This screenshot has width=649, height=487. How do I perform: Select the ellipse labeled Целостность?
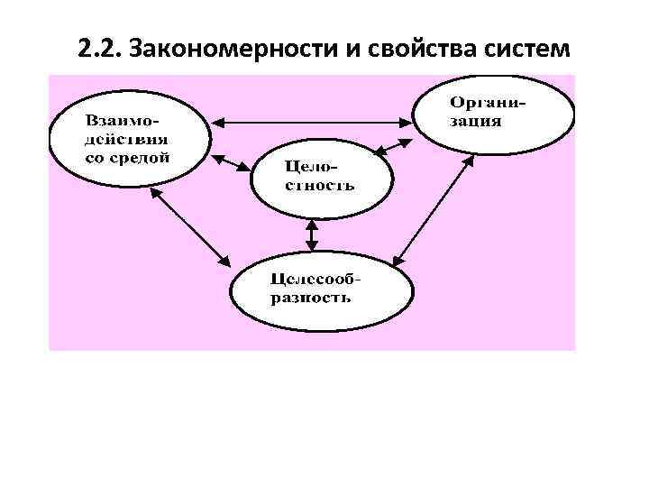click(x=322, y=178)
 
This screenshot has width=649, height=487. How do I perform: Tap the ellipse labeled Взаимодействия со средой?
click(x=128, y=140)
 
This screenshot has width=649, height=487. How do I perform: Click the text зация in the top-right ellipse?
click(x=477, y=121)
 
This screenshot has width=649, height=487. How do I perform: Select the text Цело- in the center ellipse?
click(x=305, y=166)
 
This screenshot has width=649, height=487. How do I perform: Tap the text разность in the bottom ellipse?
click(x=311, y=298)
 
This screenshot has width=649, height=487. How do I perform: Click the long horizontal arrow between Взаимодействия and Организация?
click(x=312, y=120)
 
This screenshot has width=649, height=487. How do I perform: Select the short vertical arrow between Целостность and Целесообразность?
click(x=312, y=235)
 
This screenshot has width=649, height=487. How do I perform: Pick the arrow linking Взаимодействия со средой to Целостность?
click(x=233, y=163)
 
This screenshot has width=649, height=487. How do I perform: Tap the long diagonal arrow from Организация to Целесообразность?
click(x=434, y=208)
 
